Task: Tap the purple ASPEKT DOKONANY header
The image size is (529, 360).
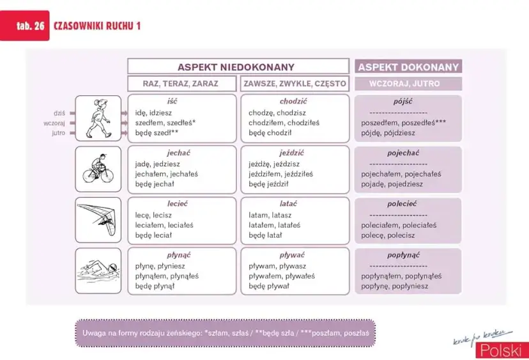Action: (x=408, y=67)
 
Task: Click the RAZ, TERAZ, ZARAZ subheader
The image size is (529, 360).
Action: (x=182, y=83)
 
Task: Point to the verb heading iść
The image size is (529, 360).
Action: (x=172, y=102)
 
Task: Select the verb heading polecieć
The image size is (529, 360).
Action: (x=402, y=204)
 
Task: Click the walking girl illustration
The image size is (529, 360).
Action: (x=98, y=118)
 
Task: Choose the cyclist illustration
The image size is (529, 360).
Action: (x=98, y=169)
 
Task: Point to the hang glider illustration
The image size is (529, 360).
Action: (x=98, y=219)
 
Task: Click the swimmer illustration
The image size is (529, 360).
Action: (x=98, y=270)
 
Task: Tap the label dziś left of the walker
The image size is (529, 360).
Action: (x=59, y=113)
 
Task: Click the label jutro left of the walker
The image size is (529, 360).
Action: (x=59, y=133)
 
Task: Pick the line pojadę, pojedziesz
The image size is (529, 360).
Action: (x=392, y=184)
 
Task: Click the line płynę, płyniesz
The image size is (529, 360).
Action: (x=160, y=266)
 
